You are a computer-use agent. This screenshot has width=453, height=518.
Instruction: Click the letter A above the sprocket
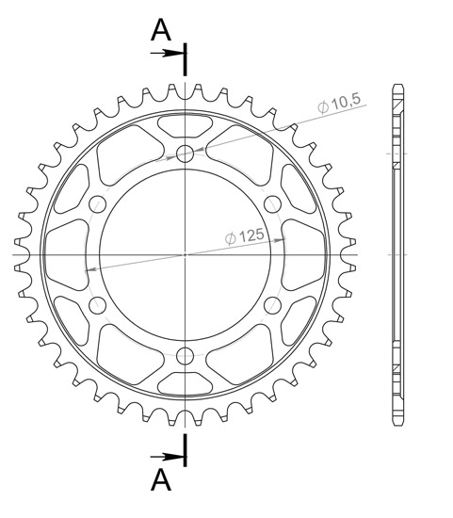point(162,30)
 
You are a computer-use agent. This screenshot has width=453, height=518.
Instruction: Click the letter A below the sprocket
point(162,480)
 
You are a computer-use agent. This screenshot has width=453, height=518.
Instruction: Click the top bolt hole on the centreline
point(186,153)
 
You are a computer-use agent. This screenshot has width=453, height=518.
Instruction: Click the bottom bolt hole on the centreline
point(186,355)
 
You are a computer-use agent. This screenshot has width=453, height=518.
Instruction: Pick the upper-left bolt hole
point(97,203)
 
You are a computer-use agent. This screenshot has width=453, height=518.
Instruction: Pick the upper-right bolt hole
point(274,203)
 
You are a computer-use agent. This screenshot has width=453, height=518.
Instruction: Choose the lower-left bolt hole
point(97,304)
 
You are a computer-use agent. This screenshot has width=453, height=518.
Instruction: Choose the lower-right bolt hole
point(274,304)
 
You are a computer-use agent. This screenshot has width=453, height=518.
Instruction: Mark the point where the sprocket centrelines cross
point(186,254)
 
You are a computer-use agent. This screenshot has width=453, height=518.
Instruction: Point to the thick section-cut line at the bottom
point(186,450)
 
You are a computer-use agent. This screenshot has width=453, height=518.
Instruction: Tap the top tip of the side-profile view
point(398,88)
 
